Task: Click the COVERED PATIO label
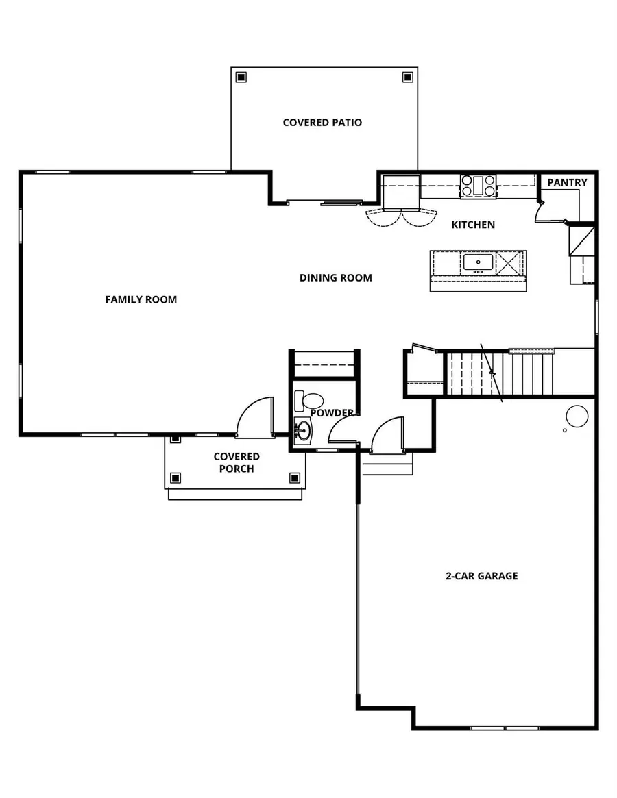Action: tap(322, 123)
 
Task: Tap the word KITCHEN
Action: tap(472, 225)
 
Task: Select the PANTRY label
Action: tap(567, 182)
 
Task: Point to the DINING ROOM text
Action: tap(336, 277)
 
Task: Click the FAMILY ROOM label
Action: tap(141, 299)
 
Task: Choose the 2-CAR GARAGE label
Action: tap(482, 576)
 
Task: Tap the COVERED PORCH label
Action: tap(237, 462)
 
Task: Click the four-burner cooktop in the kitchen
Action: tap(479, 186)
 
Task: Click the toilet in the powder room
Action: tap(310, 401)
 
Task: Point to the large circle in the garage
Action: tap(577, 416)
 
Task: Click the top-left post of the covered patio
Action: tap(240, 77)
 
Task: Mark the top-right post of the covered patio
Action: tap(407, 77)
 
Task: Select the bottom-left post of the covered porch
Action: tap(176, 477)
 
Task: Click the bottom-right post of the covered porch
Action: tap(295, 477)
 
